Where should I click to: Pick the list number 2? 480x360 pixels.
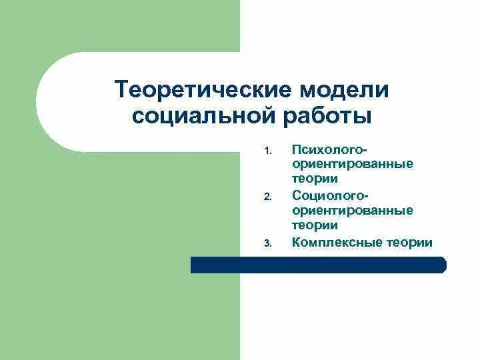coord(267,197)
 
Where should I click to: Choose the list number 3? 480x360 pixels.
coord(267,243)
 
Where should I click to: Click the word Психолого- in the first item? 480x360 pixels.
coord(330,147)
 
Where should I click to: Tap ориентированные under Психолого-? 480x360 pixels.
coord(353,163)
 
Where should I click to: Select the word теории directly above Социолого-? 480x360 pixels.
coord(315,179)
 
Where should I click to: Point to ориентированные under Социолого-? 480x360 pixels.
coord(353,210)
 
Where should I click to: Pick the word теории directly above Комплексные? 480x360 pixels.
coord(315,226)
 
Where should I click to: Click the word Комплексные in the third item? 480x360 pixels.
coord(336,242)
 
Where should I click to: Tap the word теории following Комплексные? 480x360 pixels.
coord(409,242)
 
